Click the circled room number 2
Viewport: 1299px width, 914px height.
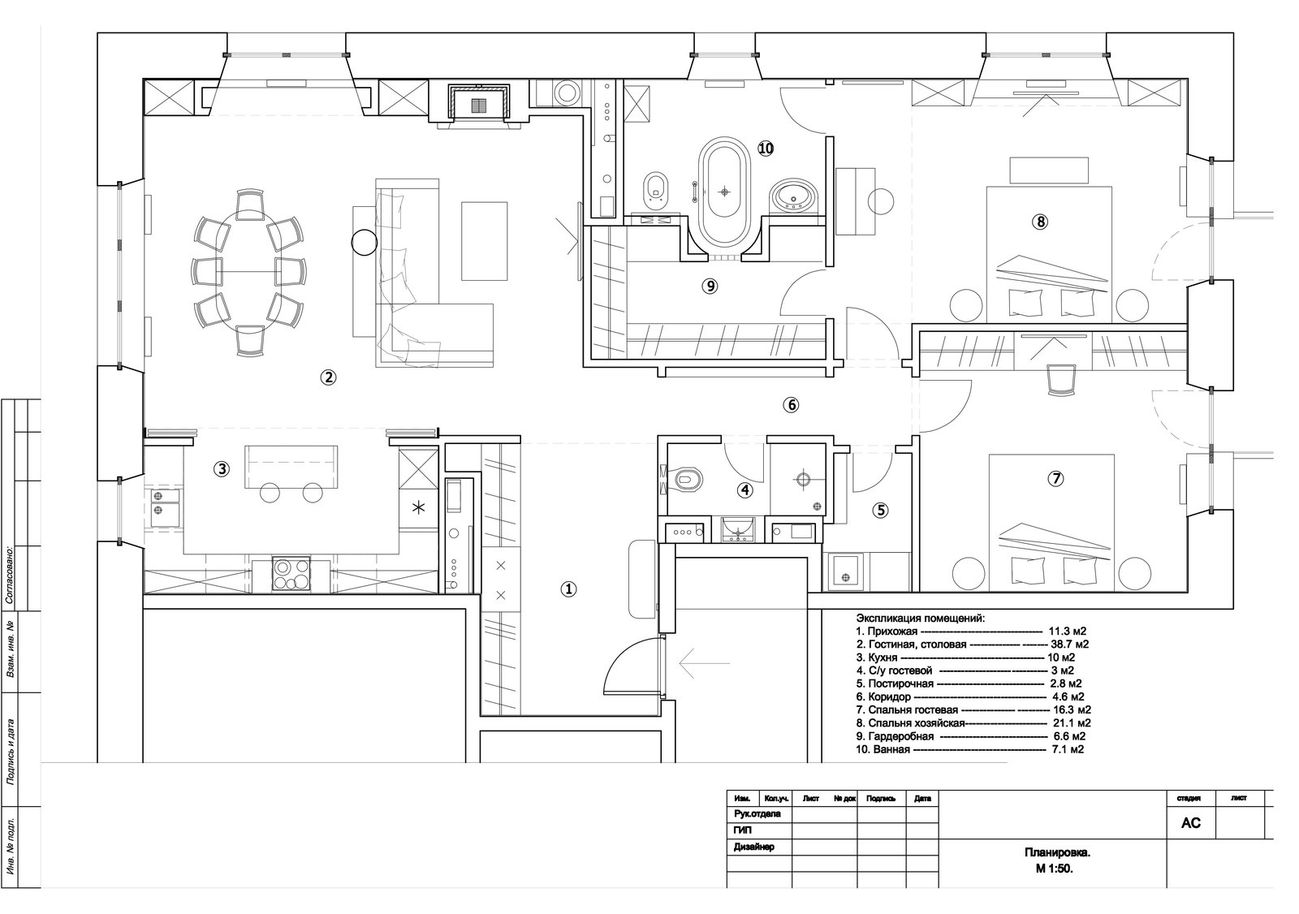pyautogui.click(x=328, y=377)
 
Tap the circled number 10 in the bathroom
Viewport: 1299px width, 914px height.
pyautogui.click(x=766, y=149)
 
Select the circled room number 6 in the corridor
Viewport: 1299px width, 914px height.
pyautogui.click(x=791, y=405)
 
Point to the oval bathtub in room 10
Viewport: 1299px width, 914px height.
pyautogui.click(x=724, y=194)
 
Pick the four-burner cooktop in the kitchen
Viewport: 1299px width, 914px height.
pyautogui.click(x=291, y=574)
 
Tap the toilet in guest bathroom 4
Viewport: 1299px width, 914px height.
pyautogui.click(x=687, y=480)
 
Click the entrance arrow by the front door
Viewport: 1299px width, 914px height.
pyautogui.click(x=704, y=663)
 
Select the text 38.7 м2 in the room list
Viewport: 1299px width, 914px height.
pyautogui.click(x=1069, y=645)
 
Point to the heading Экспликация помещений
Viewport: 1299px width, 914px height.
pyautogui.click(x=921, y=619)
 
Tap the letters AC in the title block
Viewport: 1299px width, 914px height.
pyautogui.click(x=1190, y=823)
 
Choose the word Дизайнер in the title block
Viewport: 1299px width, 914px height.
pyautogui.click(x=754, y=847)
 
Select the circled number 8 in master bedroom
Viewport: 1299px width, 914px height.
pyautogui.click(x=1040, y=222)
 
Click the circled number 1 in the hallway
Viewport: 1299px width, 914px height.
pyautogui.click(x=568, y=589)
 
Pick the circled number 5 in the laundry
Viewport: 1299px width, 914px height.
pyautogui.click(x=880, y=511)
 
